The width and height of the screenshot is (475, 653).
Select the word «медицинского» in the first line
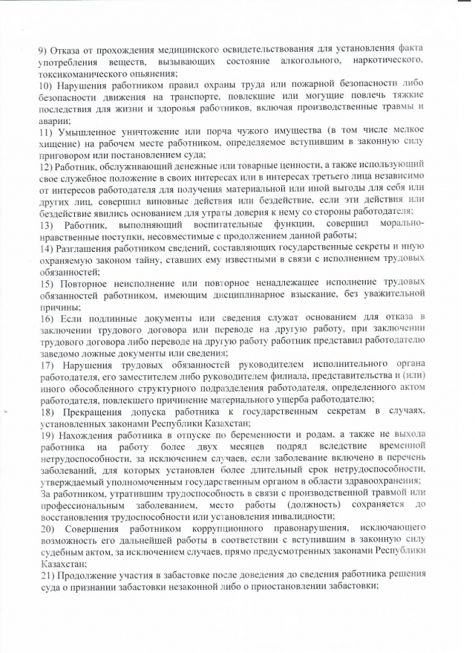pos(170,49)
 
